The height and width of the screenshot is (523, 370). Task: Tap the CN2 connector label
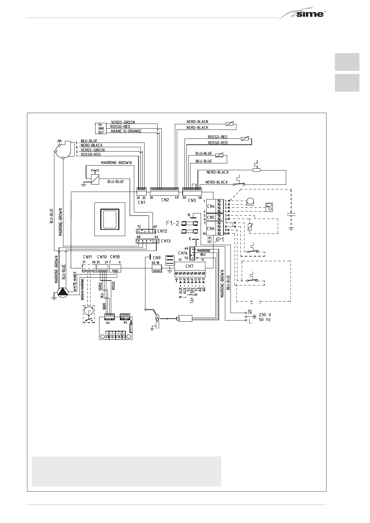point(165,200)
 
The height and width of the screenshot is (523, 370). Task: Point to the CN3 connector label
point(192,200)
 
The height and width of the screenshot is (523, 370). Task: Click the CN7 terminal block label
point(190,266)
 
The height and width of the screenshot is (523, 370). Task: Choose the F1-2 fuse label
point(173,223)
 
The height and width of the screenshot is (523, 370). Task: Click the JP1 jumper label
point(219,240)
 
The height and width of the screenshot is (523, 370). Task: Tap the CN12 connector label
point(162,231)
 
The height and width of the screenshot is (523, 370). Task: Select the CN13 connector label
point(166,241)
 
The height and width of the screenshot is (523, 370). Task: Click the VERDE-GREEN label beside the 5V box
point(123,122)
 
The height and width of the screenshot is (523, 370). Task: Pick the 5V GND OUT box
point(101,128)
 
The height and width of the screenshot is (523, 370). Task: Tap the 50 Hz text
point(264,319)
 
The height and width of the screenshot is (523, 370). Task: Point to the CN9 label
point(157,257)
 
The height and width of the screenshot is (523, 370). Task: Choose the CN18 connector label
point(115,257)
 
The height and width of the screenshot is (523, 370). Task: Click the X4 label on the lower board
point(108,323)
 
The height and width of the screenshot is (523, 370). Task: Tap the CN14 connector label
point(183,253)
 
